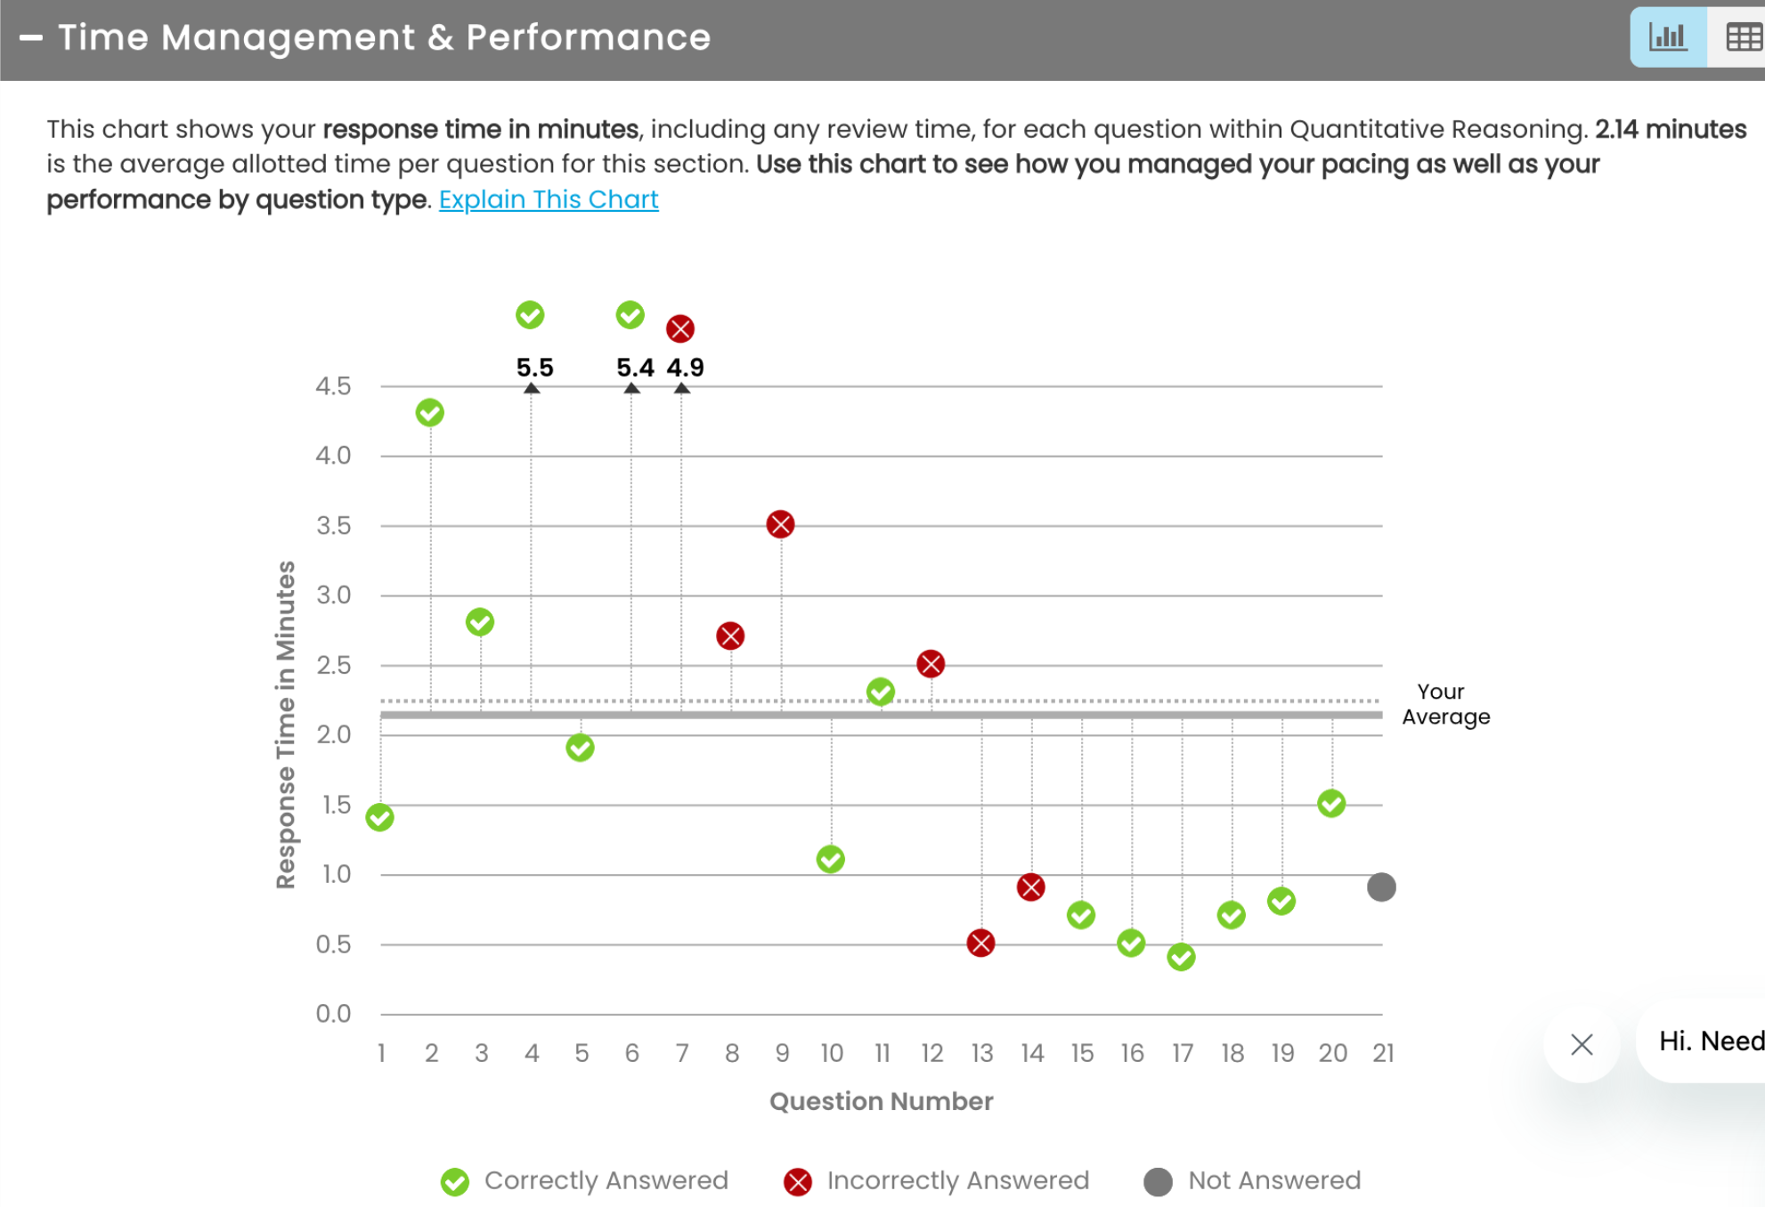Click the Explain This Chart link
point(549,199)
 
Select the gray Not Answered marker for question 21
point(1381,887)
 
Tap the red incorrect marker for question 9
point(780,524)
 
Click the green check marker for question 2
point(430,413)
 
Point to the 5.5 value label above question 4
point(534,367)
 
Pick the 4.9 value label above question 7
point(685,367)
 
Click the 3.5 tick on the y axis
point(333,525)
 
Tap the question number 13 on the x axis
point(981,1053)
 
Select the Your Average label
point(1444,704)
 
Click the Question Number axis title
point(881,1101)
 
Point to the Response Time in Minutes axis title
point(285,725)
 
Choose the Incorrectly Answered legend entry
point(937,1180)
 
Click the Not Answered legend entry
point(1253,1180)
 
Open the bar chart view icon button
point(1667,37)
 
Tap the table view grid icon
point(1743,37)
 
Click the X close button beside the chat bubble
point(1582,1044)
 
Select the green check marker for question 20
point(1331,804)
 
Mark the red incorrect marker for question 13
point(980,943)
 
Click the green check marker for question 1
point(380,817)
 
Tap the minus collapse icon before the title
point(31,37)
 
